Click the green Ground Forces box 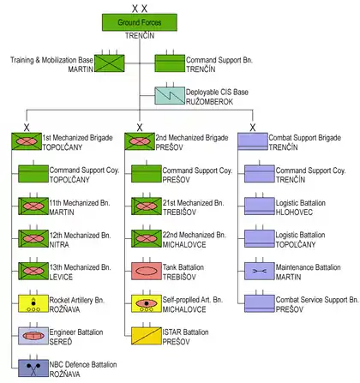coord(140,22)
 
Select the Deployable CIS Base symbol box coord(170,96)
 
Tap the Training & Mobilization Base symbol coord(110,63)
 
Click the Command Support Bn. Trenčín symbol coord(170,63)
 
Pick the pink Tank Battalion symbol coord(147,271)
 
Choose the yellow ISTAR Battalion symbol coord(147,336)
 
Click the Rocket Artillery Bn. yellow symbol coord(33,303)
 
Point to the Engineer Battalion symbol coord(33,336)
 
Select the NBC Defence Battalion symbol coord(33,368)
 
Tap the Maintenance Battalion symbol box coord(260,271)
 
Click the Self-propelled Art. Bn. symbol coord(147,303)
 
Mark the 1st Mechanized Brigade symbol coord(27,141)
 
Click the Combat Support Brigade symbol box coord(253,141)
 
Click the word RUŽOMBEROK coord(209,102)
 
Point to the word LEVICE coord(61,277)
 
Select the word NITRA coord(59,245)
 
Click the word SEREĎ coord(61,341)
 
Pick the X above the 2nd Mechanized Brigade coord(140,128)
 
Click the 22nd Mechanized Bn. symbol coord(147,238)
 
